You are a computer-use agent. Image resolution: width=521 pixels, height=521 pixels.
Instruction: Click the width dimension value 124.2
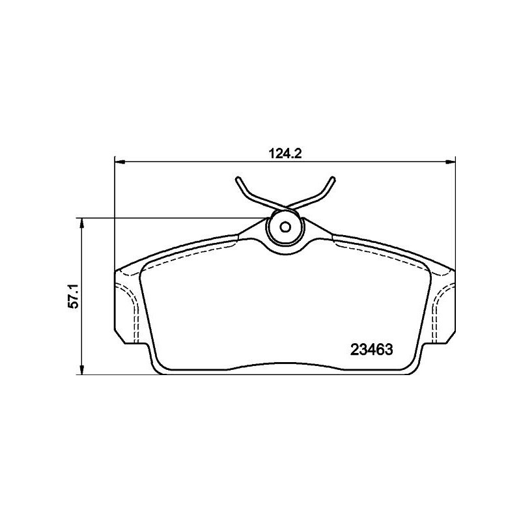[x=285, y=154]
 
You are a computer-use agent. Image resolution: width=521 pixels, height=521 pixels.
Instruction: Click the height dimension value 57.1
[x=73, y=296]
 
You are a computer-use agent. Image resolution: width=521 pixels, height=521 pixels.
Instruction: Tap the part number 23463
[x=371, y=350]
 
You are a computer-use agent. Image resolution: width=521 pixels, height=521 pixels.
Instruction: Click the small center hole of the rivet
[x=285, y=227]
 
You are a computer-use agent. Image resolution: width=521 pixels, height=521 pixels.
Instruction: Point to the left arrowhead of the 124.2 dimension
[x=120, y=162]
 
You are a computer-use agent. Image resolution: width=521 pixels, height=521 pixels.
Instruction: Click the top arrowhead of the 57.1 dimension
[x=82, y=223]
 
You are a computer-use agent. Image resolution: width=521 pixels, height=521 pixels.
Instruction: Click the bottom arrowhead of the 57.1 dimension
[x=82, y=369]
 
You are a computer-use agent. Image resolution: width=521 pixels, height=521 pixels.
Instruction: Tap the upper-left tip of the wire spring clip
[x=237, y=179]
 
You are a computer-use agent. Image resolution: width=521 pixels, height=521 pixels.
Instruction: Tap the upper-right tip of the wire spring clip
[x=333, y=178]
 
